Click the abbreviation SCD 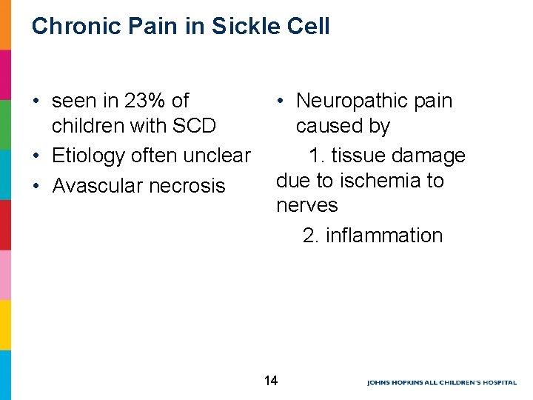coord(194,126)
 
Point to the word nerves coord(306,205)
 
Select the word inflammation coord(383,236)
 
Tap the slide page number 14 coord(270,381)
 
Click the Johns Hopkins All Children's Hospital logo coord(441,382)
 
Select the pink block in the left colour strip coord(5,275)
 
